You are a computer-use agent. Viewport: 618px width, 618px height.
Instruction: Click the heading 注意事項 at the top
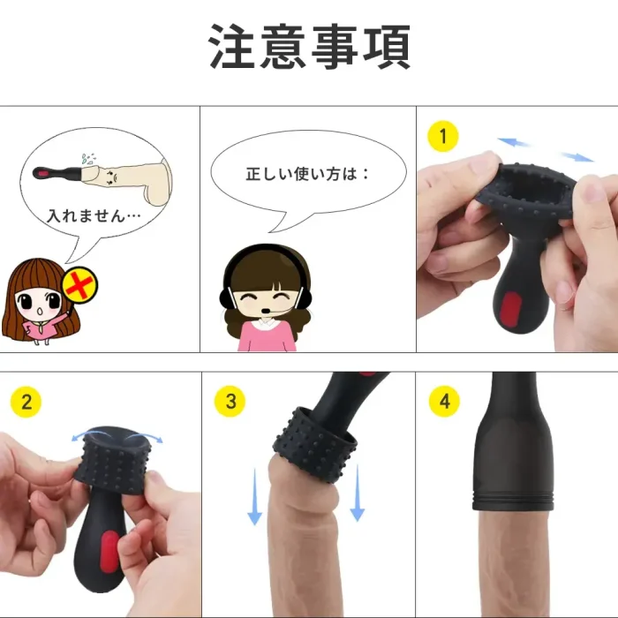(309, 47)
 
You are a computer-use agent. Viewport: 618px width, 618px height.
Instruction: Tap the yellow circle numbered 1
(443, 136)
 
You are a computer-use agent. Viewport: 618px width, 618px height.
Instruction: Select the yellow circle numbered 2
(26, 402)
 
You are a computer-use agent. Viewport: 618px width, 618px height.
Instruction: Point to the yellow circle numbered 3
(230, 402)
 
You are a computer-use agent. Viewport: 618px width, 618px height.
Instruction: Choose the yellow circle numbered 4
(445, 402)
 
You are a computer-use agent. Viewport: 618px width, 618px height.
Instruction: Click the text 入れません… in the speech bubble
(94, 216)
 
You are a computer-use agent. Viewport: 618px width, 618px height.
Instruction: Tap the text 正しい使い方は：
(307, 174)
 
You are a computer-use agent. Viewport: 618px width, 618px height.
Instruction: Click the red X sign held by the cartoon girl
(80, 284)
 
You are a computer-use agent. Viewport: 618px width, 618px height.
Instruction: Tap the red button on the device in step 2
(109, 552)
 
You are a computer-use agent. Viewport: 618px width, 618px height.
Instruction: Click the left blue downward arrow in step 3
(254, 496)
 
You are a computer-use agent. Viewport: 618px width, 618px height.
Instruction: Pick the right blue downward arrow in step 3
(357, 493)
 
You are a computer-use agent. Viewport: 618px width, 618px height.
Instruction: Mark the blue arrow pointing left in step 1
(513, 143)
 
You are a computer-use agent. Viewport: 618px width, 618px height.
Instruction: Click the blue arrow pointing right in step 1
(577, 156)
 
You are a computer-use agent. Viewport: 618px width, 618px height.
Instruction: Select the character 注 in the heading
(232, 47)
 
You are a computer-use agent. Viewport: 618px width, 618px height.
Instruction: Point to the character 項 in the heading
(387, 47)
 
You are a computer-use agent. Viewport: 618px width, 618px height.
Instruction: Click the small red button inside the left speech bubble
(41, 173)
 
